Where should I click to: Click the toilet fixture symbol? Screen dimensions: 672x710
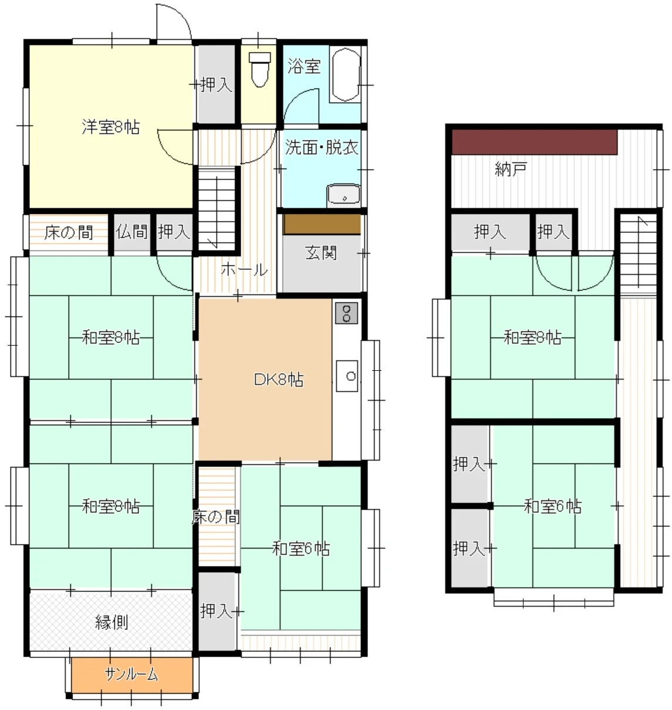pyautogui.click(x=259, y=69)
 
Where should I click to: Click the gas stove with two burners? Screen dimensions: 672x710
pyautogui.click(x=346, y=313)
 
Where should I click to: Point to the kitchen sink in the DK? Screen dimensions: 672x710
pyautogui.click(x=347, y=376)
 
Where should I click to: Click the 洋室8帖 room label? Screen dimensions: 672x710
pyautogui.click(x=110, y=127)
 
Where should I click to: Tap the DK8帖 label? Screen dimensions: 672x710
pyautogui.click(x=278, y=380)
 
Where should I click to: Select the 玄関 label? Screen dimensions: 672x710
pyautogui.click(x=320, y=252)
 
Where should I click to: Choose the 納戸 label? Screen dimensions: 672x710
pyautogui.click(x=511, y=169)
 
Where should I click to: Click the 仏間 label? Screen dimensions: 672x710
pyautogui.click(x=131, y=232)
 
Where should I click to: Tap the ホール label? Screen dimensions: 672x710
pyautogui.click(x=244, y=269)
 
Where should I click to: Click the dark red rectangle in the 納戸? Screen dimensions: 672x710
pyautogui.click(x=534, y=142)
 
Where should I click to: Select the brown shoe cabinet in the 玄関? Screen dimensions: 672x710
pyautogui.click(x=322, y=224)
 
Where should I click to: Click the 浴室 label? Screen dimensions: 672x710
pyautogui.click(x=304, y=66)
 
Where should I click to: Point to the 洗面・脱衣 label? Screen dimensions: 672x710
pyautogui.click(x=322, y=147)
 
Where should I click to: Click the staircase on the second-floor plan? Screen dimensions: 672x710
pyautogui.click(x=639, y=253)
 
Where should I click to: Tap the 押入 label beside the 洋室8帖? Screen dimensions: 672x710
pyautogui.click(x=216, y=84)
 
